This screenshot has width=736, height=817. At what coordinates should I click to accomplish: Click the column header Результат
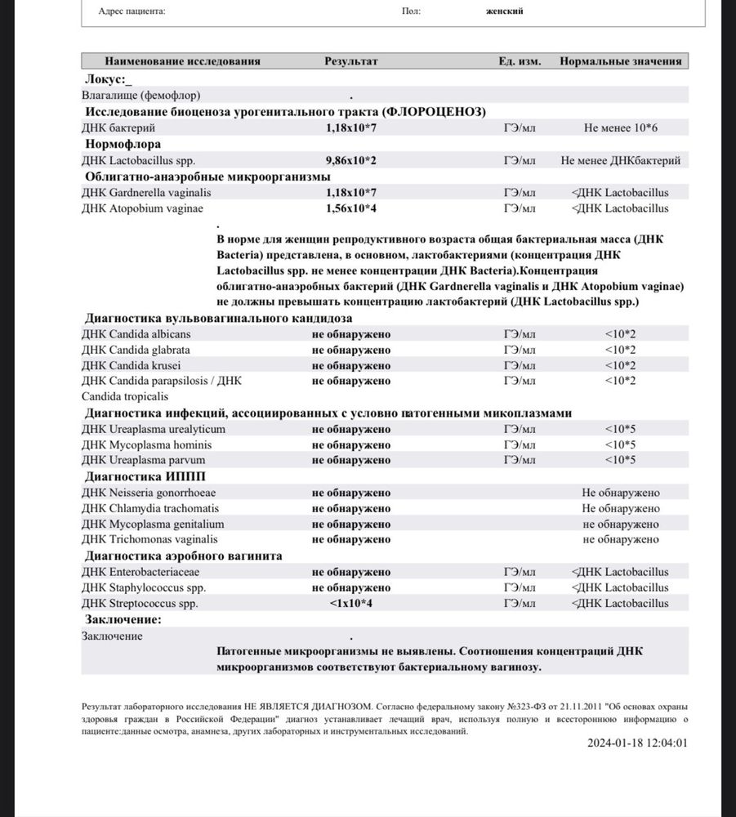[x=351, y=61]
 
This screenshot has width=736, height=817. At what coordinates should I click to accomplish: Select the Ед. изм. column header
[x=520, y=61]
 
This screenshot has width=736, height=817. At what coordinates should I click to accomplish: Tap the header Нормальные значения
[x=621, y=61]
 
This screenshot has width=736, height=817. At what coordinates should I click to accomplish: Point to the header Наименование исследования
[x=182, y=61]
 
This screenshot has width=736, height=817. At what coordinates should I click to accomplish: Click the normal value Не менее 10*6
[x=621, y=128]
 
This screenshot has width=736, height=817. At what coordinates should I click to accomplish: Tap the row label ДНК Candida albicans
[x=136, y=334]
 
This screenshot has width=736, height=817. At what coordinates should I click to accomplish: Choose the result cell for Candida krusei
[x=351, y=365]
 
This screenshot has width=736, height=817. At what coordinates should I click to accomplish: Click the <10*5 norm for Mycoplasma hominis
[x=621, y=444]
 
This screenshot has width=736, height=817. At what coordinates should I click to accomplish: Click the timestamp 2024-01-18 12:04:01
[x=637, y=743]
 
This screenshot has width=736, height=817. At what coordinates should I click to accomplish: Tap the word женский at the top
[x=504, y=11]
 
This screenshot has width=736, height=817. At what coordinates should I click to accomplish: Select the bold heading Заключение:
[x=123, y=620]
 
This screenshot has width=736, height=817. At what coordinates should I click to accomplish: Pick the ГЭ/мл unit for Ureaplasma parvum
[x=520, y=460]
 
